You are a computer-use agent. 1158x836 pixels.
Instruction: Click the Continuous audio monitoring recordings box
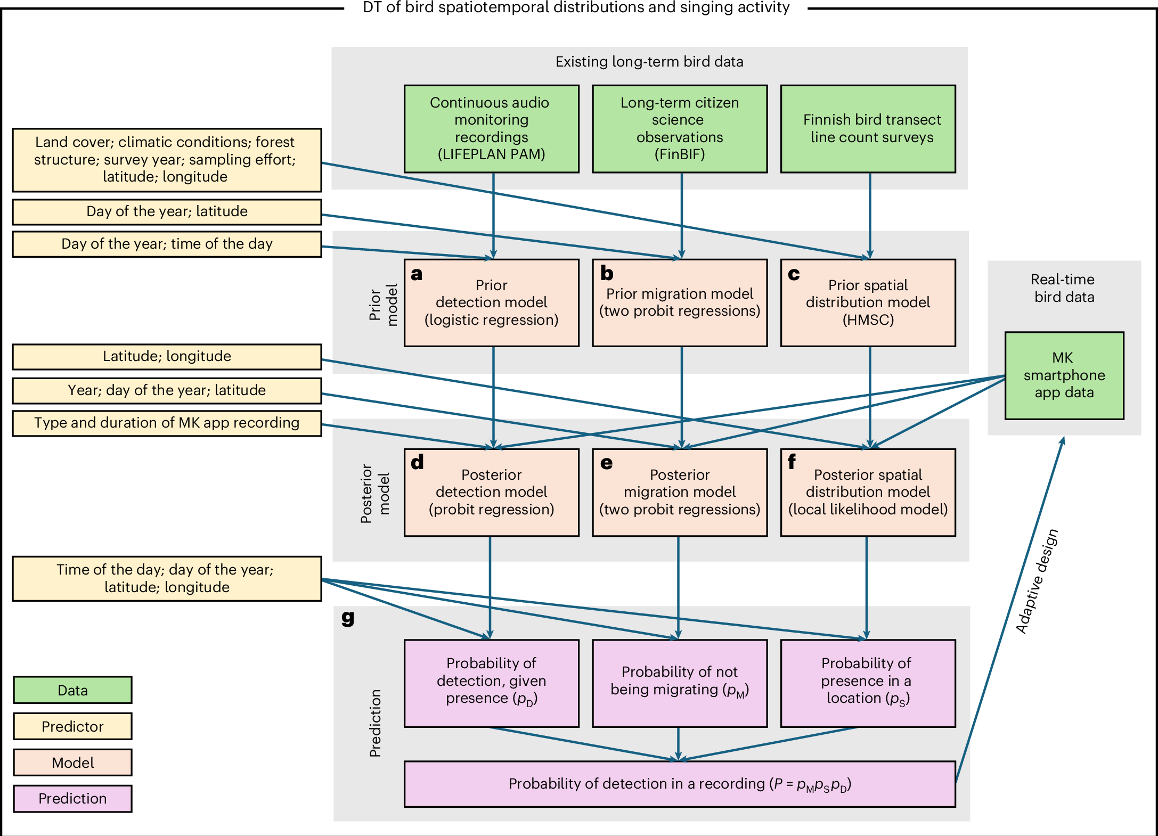click(491, 128)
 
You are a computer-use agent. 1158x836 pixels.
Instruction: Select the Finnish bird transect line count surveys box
click(868, 128)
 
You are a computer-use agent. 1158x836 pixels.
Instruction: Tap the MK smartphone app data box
click(1064, 375)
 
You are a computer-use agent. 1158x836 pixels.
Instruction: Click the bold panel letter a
click(417, 274)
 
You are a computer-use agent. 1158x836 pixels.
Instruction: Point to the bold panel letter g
click(348, 618)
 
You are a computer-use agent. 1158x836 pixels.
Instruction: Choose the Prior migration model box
click(680, 302)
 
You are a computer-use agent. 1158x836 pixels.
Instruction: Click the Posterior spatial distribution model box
click(868, 492)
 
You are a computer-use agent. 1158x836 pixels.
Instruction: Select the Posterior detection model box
click(491, 492)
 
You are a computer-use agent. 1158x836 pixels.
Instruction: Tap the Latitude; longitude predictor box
click(167, 356)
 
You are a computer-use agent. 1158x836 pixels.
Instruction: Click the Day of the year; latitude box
click(167, 211)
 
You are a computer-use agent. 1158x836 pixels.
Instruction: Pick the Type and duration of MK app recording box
click(167, 423)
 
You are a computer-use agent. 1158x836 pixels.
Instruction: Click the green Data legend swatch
click(72, 690)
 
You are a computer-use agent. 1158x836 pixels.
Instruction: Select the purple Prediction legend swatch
click(72, 798)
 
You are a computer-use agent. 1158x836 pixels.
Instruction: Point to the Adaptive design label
click(1037, 581)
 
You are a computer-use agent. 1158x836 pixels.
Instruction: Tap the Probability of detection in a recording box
click(680, 784)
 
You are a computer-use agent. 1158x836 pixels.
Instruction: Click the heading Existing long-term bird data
click(649, 62)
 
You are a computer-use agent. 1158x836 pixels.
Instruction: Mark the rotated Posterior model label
click(375, 493)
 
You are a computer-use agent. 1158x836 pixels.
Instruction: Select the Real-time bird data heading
click(1063, 288)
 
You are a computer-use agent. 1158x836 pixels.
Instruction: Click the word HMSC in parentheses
click(868, 319)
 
